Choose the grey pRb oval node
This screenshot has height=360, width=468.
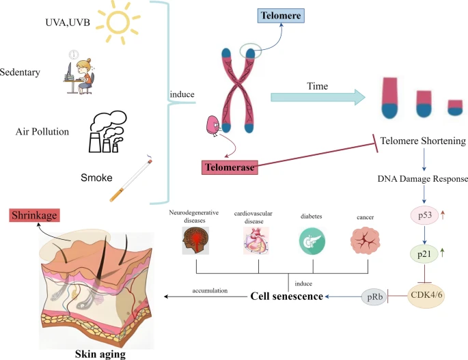click(374, 297)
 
